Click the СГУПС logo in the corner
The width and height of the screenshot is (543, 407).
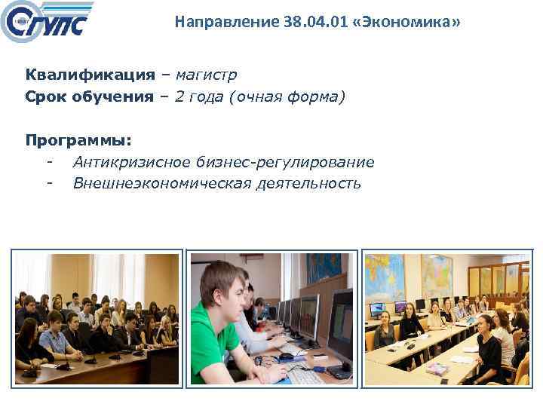(47, 23)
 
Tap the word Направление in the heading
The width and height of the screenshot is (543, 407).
(213, 23)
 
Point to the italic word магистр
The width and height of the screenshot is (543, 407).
(206, 75)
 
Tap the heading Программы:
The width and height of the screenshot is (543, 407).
(78, 140)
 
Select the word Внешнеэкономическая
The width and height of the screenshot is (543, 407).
(161, 183)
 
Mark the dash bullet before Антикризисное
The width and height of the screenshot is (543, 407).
(49, 162)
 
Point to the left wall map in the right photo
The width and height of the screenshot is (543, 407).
(385, 275)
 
